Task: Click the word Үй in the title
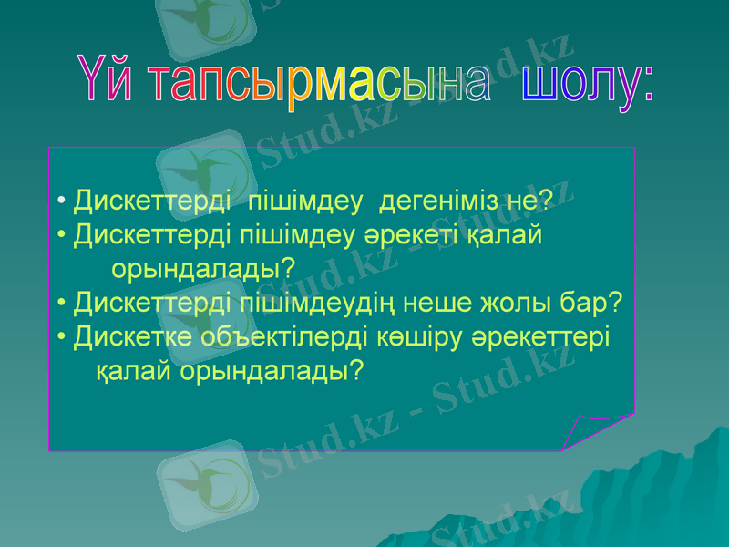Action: coord(109,84)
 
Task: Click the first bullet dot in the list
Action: coord(60,201)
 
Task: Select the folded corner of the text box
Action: coord(592,428)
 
